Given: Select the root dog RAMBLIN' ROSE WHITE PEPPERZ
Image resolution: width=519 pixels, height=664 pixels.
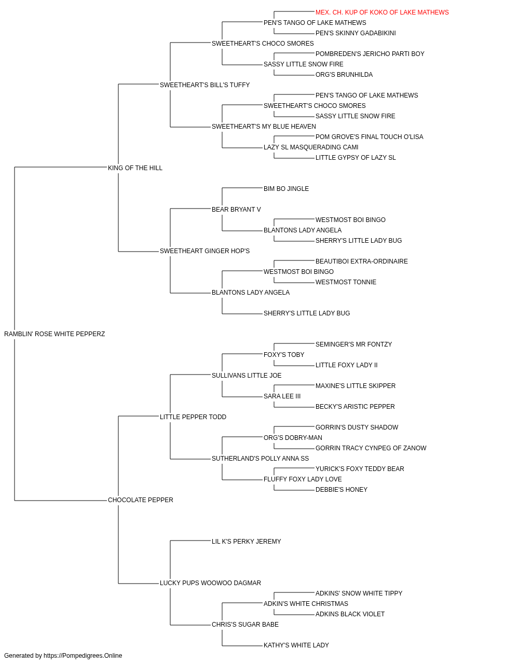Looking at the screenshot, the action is (x=54, y=334).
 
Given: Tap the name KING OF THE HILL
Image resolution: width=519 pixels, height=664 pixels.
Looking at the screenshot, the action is (x=135, y=168).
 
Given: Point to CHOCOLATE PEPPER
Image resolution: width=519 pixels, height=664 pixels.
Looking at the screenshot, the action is (x=141, y=500).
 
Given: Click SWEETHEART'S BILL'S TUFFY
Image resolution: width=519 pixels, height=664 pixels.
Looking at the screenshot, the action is (x=205, y=85).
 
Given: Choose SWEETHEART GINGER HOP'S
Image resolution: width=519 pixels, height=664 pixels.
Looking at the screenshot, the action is (x=205, y=251).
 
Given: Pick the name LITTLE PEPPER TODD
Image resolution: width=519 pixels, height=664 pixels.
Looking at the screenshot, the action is (x=193, y=417).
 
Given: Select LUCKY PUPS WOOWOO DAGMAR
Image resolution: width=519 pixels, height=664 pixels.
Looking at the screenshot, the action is (x=210, y=583).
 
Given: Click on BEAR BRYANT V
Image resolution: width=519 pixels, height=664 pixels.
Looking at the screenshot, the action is (x=236, y=210).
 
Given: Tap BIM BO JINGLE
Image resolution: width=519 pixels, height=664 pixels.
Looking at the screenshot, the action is (x=286, y=189).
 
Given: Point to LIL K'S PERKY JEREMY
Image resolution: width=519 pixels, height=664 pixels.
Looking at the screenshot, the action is (x=247, y=542).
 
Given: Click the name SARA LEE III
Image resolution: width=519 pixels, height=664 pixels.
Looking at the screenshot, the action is (x=282, y=396).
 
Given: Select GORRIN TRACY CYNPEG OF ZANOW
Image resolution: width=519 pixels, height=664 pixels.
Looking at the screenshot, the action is (x=371, y=448).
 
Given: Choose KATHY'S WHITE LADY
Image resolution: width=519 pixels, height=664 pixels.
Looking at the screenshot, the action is (x=296, y=645).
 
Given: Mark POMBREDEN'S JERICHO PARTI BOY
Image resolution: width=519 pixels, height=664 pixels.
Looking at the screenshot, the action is (x=370, y=54).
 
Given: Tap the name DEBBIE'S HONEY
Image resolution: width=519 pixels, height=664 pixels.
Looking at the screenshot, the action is (x=342, y=490).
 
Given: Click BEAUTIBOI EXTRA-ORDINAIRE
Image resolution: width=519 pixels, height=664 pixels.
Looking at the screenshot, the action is (x=362, y=261).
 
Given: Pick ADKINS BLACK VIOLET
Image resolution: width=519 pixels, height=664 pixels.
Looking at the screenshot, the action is (x=350, y=614).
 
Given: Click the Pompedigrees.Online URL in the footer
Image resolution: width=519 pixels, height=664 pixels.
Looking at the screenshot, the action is (x=83, y=656).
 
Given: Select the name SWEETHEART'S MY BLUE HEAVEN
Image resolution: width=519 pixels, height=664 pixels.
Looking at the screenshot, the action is (x=264, y=127).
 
